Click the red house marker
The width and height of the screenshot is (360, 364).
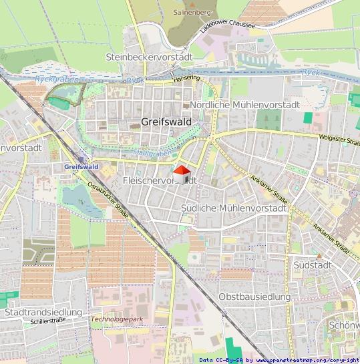pos(182,174)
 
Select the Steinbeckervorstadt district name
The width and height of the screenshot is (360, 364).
pos(149,57)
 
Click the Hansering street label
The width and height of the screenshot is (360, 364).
pos(186,78)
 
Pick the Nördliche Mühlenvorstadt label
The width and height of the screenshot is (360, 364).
pos(244,105)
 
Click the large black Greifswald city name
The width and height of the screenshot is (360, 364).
pos(166,122)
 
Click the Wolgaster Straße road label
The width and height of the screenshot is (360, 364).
pos(338,140)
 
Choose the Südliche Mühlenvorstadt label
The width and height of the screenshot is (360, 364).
pos(234,208)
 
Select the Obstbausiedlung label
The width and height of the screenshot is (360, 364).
pos(254,296)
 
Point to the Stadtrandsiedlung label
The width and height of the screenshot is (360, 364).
pos(43,312)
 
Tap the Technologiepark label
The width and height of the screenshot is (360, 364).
pos(117,319)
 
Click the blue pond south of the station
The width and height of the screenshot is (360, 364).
pos(78,197)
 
